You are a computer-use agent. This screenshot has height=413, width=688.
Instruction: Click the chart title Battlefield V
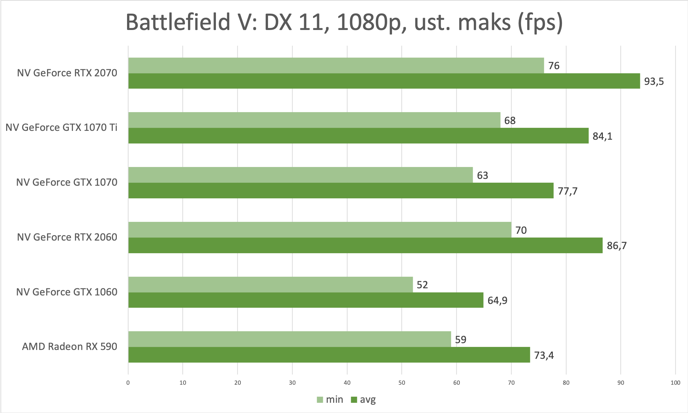(344, 22)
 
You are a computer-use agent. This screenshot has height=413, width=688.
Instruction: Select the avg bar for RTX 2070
(384, 81)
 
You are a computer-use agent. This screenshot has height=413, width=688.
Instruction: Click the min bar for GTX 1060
(270, 284)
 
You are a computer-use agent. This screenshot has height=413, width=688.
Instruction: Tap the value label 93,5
(654, 82)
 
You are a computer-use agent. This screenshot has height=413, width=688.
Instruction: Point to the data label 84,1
(602, 136)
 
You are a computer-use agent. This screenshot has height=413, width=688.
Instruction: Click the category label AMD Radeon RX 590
(69, 347)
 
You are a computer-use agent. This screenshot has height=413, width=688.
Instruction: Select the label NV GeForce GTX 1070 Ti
(61, 127)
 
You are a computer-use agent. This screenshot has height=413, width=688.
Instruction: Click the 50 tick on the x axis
(402, 383)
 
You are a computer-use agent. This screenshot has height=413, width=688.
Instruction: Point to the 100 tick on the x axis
(675, 383)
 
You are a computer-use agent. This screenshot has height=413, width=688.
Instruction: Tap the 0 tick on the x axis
(128, 383)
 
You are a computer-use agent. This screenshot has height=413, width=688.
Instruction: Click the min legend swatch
(320, 400)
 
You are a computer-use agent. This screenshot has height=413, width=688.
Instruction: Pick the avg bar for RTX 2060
(365, 245)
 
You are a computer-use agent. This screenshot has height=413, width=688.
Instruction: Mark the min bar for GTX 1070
(300, 175)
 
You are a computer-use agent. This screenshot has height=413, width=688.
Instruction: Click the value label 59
(460, 340)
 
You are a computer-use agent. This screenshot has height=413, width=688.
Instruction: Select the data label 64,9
(497, 301)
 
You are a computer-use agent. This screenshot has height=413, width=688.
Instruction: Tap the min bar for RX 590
(290, 339)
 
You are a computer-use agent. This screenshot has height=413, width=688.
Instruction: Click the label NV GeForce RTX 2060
(67, 237)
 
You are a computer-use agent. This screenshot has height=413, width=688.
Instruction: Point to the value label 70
(521, 230)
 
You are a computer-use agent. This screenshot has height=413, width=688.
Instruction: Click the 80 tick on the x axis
(566, 383)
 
